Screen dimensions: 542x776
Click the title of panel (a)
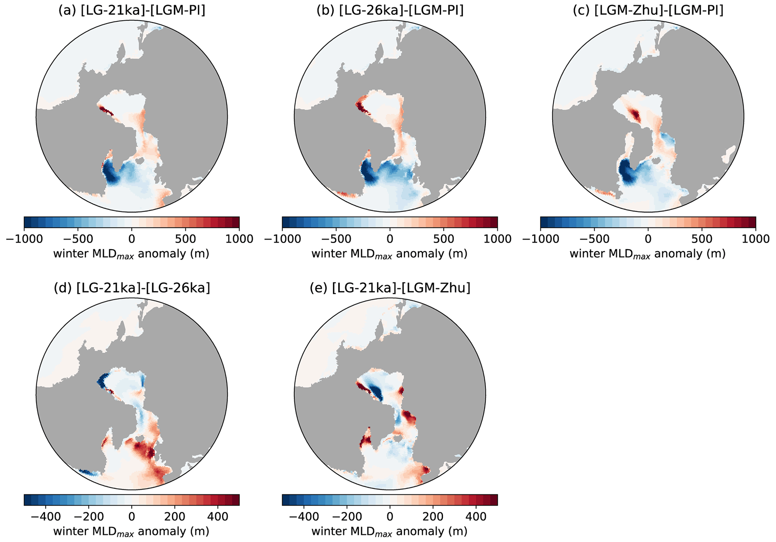coord(131,11)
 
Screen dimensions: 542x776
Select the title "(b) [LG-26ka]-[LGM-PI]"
coord(390,11)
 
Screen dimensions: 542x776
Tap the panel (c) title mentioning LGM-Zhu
coord(648,11)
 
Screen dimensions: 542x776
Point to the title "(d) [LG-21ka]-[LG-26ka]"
coord(131,288)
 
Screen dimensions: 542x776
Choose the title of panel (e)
coord(390,288)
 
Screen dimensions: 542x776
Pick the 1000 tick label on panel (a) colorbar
coord(240,239)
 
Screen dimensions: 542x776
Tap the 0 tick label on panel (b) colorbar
coord(390,239)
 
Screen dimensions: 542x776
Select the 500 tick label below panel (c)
coord(702,239)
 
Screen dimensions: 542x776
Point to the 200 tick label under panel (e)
coord(433,516)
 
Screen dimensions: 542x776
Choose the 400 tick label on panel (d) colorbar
coord(218,516)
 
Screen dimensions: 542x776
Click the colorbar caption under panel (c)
coord(648,254)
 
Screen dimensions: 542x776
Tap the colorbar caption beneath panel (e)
coord(390,531)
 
